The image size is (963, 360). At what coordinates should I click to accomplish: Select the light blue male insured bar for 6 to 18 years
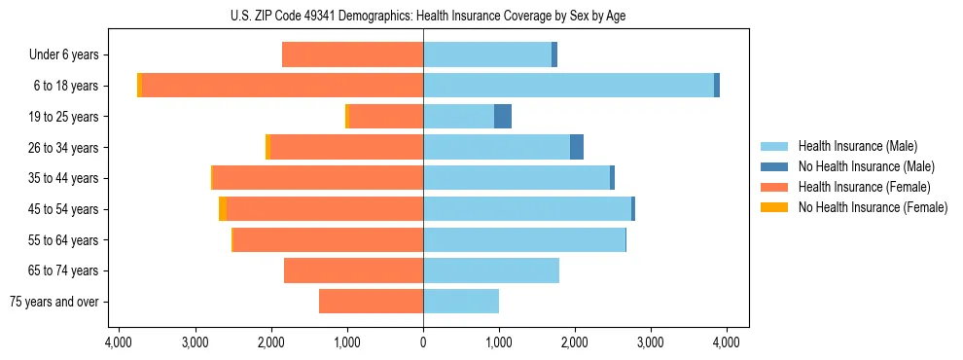tap(568, 86)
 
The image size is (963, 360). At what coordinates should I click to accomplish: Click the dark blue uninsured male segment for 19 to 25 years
tap(503, 117)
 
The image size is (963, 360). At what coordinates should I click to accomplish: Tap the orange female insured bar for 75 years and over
tap(371, 302)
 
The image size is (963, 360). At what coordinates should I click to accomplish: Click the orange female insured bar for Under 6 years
tap(352, 55)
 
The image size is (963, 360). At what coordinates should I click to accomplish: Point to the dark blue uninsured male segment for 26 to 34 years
tap(577, 147)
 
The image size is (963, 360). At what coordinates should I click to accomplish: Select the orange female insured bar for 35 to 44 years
tap(317, 178)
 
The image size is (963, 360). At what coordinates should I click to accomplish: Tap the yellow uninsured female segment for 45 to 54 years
tap(223, 209)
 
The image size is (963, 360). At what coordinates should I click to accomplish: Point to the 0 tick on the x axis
tap(423, 342)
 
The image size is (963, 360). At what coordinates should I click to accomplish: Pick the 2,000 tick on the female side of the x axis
tap(271, 342)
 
